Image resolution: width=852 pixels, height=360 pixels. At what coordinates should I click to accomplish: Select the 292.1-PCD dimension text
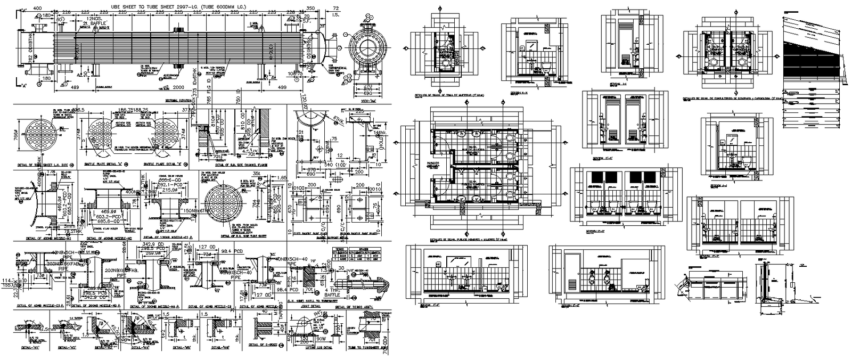pyautogui.click(x=173, y=184)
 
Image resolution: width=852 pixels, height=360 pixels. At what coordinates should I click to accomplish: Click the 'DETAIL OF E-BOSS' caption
pyautogui.click(x=264, y=347)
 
